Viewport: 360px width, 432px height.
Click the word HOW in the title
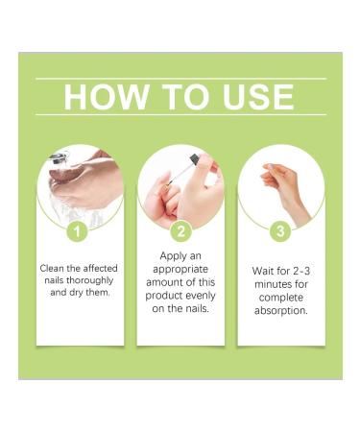[103, 97]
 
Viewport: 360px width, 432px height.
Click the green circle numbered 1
[81, 231]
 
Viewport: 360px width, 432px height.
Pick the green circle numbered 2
[180, 231]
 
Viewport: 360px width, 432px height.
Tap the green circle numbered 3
[280, 231]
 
